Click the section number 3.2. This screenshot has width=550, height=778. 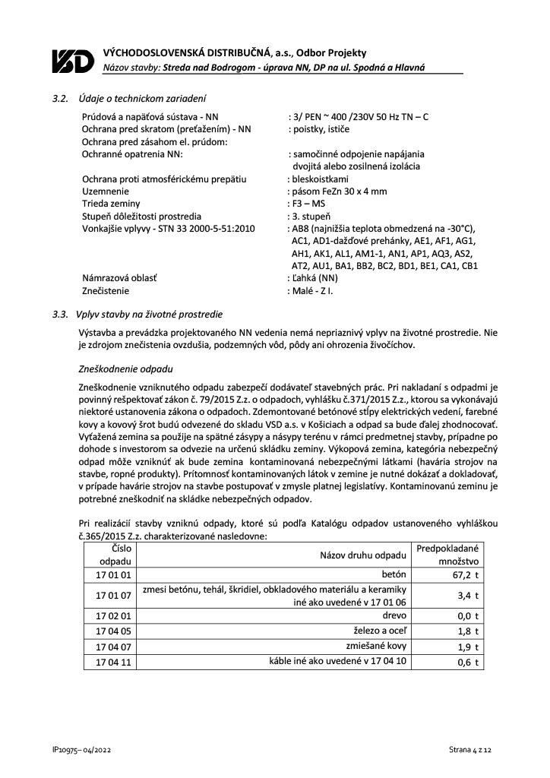(60, 98)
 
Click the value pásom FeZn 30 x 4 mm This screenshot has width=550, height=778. (338, 191)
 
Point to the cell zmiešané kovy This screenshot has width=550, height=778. (378, 646)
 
